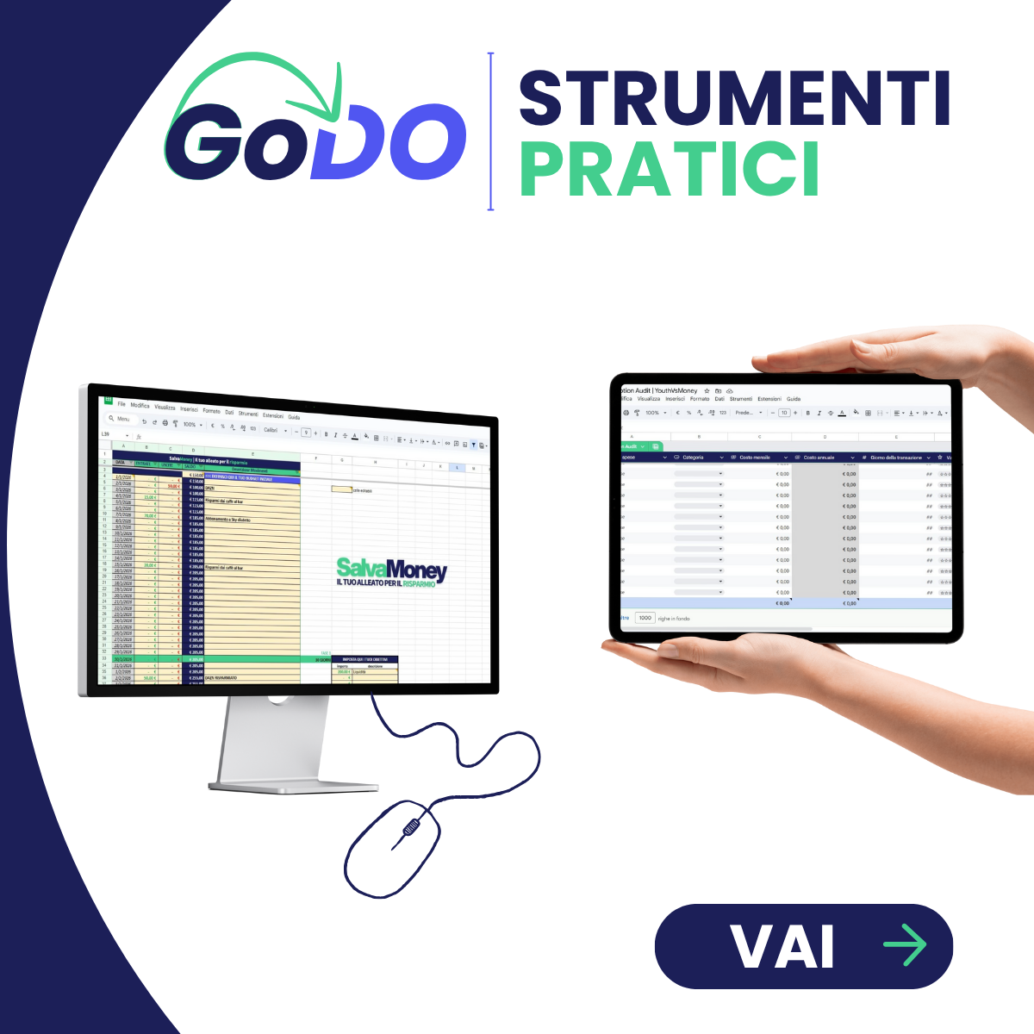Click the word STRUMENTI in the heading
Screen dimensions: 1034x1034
tap(734, 99)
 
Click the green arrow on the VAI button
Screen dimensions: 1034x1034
tap(905, 945)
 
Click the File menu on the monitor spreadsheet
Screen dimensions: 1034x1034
tap(121, 403)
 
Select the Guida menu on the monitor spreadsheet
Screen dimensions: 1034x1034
tap(294, 416)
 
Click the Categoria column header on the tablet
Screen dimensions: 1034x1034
tap(693, 458)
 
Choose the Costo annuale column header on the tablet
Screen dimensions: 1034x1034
tap(819, 458)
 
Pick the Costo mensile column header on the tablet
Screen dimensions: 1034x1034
tap(755, 458)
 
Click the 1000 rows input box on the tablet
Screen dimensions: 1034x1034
tap(645, 618)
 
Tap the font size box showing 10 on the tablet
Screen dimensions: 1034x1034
tap(784, 413)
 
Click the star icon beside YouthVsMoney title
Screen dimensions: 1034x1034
tap(707, 390)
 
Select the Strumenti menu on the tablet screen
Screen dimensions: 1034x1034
tap(741, 399)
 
